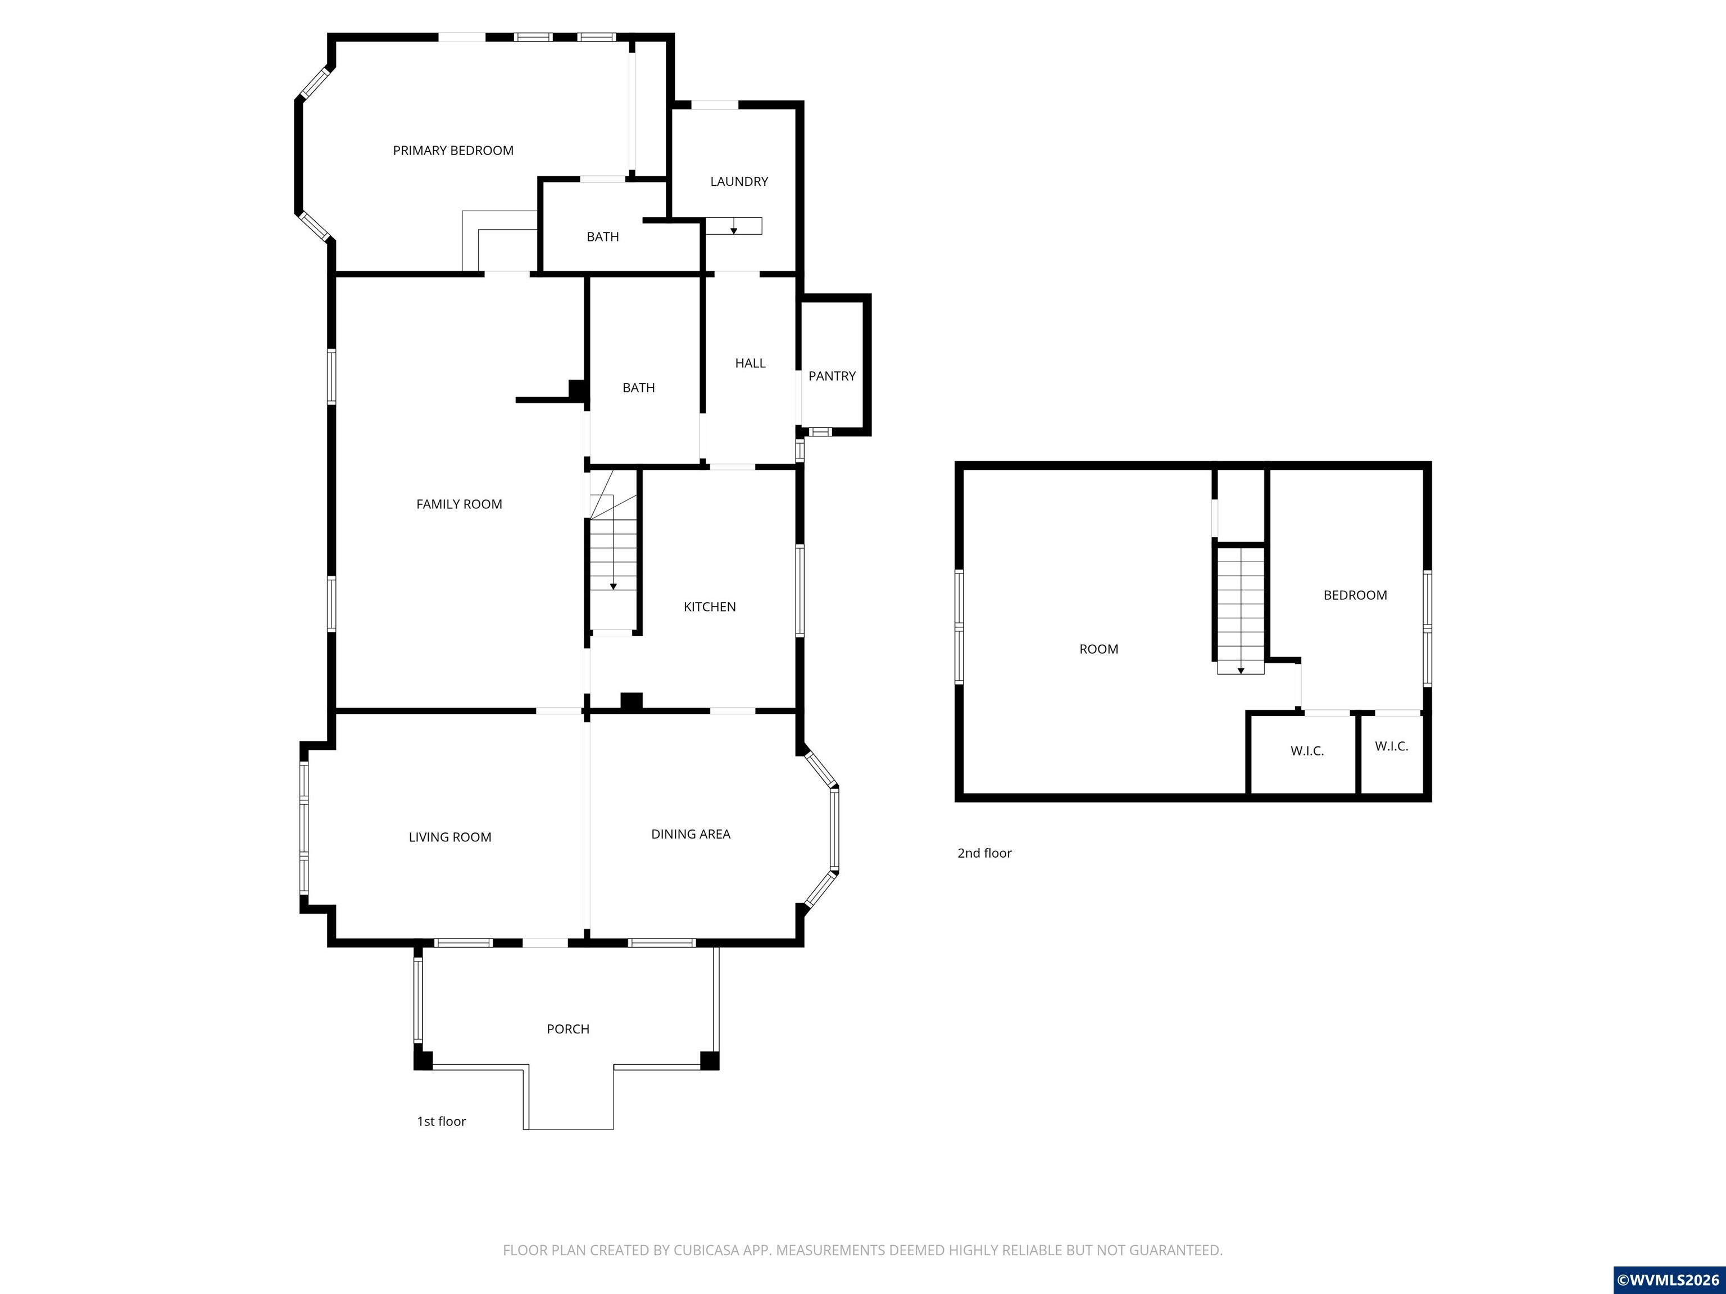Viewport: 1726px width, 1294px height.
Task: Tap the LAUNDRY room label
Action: point(739,182)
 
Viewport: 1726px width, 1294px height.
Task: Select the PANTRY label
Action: point(832,376)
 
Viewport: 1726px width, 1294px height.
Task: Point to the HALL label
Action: point(750,363)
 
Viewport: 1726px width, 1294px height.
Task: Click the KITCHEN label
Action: point(709,607)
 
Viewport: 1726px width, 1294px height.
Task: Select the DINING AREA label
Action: point(691,834)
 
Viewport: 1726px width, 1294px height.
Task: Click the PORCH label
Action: point(567,1029)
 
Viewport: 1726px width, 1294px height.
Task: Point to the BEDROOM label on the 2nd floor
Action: point(1355,595)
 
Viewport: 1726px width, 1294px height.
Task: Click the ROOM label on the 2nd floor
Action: point(1098,649)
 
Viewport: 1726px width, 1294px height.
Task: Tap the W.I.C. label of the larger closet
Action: point(1306,751)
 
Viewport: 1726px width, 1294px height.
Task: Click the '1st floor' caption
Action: point(441,1121)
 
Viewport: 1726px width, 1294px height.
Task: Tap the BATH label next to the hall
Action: point(638,388)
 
